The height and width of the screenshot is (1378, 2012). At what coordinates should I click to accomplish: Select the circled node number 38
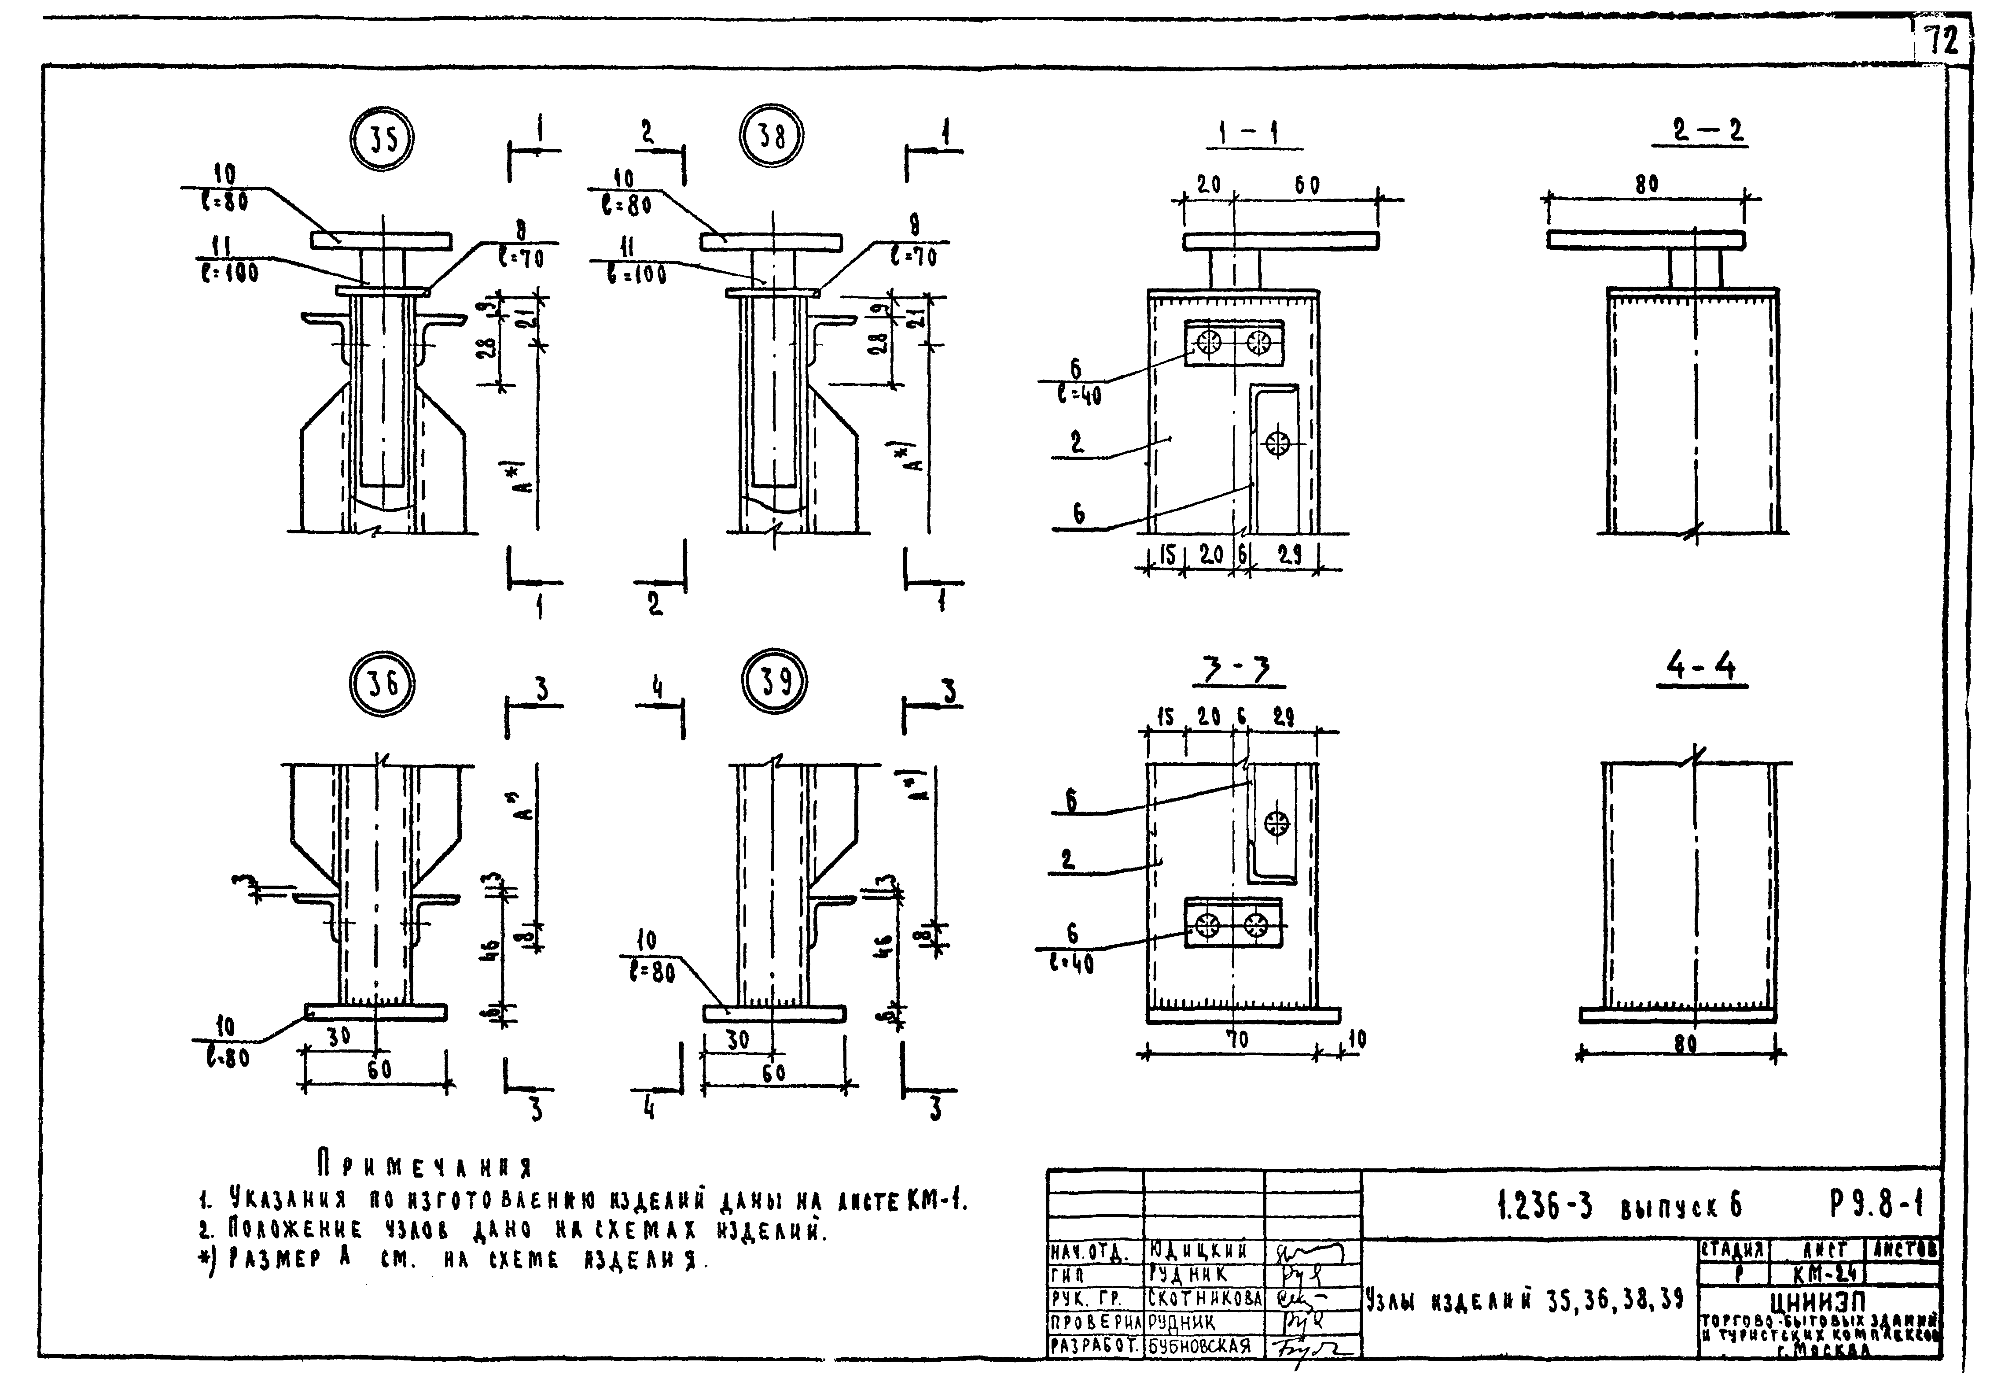click(x=771, y=135)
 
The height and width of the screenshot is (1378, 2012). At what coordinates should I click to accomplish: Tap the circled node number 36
click(x=382, y=684)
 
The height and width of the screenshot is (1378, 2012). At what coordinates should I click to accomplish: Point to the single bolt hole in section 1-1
click(x=1277, y=444)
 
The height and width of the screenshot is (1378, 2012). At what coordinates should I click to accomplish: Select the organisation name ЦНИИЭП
click(x=1818, y=1302)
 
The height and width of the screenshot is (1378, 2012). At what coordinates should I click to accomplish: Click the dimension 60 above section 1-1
click(x=1307, y=185)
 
